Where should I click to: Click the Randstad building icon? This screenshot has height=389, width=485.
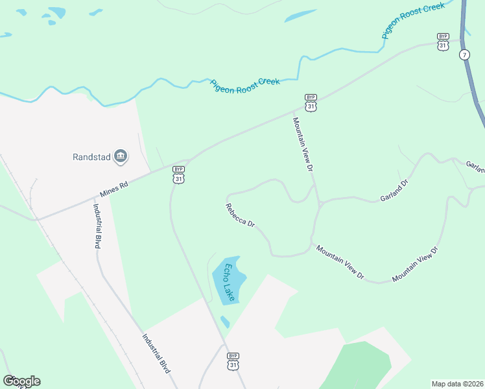tap(120, 156)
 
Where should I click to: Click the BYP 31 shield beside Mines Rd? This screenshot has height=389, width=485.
tap(178, 174)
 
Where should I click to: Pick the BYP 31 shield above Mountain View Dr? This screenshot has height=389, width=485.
tap(311, 102)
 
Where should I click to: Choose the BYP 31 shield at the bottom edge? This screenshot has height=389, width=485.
tap(233, 361)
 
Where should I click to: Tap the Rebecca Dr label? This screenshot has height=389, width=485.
tap(240, 216)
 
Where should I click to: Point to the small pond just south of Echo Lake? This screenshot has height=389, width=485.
tap(225, 322)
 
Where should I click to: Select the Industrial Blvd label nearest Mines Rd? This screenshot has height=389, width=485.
tap(97, 226)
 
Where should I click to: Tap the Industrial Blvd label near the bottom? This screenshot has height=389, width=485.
tap(157, 353)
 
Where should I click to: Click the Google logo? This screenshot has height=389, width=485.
tap(21, 381)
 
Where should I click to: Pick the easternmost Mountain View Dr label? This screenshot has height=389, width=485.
tap(415, 264)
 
